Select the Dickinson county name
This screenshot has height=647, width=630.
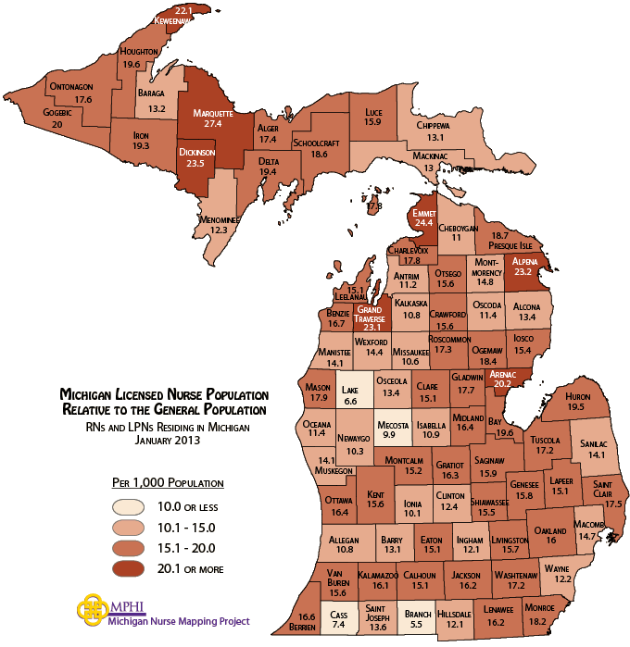[195, 152]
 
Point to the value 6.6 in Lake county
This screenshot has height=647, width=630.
[349, 401]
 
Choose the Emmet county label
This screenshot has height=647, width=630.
[423, 212]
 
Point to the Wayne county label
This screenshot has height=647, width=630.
[556, 567]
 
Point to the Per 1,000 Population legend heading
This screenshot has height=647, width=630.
[168, 482]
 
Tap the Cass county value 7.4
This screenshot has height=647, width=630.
[338, 625]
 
